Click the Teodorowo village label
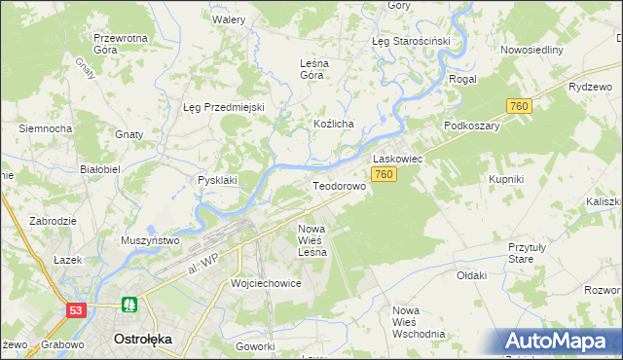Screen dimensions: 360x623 tap(338, 185)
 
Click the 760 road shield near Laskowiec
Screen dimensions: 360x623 tap(384, 174)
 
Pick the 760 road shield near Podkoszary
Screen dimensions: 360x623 tap(518, 106)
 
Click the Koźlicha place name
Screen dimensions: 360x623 tap(333, 125)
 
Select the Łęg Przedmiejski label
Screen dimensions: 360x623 tap(224, 107)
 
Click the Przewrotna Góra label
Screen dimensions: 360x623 tap(119, 44)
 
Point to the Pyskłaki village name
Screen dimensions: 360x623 tap(218, 180)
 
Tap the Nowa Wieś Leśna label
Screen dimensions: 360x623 tap(312, 239)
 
